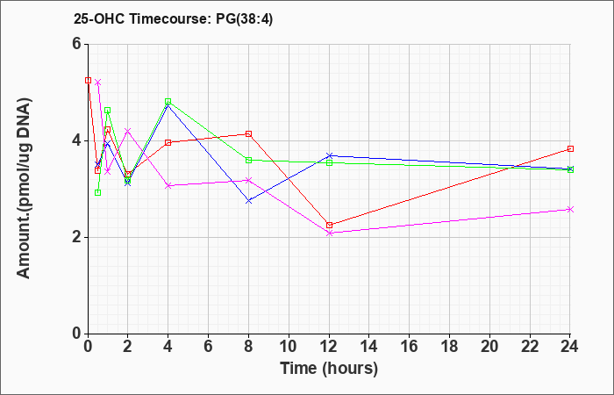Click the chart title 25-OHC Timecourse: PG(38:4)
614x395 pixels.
click(x=173, y=18)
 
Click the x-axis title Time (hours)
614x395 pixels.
click(x=329, y=369)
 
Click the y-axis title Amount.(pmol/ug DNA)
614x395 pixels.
click(x=25, y=188)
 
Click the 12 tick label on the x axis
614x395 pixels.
click(x=329, y=347)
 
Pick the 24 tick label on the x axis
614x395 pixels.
click(x=570, y=347)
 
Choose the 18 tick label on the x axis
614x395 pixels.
click(x=449, y=347)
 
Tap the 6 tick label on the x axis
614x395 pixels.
click(x=209, y=347)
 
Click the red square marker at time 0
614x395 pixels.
click(x=88, y=81)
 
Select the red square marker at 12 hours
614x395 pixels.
click(x=329, y=225)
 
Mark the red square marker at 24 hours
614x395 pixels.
click(x=570, y=149)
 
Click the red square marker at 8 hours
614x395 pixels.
click(x=248, y=134)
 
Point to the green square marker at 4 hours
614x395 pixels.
click(x=168, y=102)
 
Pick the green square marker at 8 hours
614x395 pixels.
click(x=248, y=160)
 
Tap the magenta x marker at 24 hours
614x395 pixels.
click(x=570, y=209)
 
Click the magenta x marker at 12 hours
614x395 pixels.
click(x=329, y=233)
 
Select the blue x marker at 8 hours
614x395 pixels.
click(x=248, y=201)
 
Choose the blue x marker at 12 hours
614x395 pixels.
click(x=329, y=155)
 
